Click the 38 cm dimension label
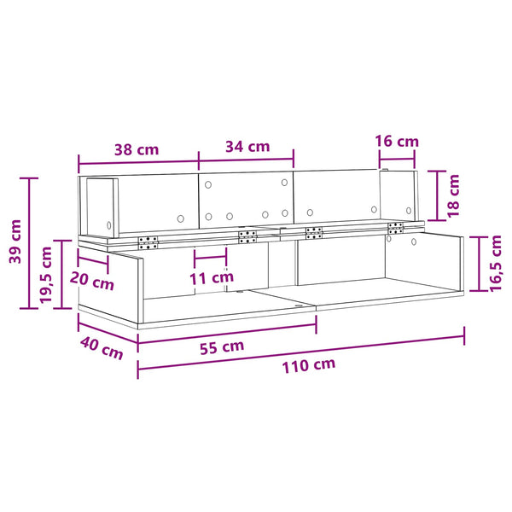pyautogui.click(x=137, y=150)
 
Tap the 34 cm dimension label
pyautogui.click(x=247, y=147)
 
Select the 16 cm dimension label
pyautogui.click(x=397, y=142)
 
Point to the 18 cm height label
pyautogui.click(x=453, y=196)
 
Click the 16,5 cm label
pyautogui.click(x=495, y=263)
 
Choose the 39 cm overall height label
pyautogui.click(x=15, y=241)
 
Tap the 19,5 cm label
pyautogui.click(x=46, y=275)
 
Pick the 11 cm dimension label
pyautogui.click(x=212, y=278)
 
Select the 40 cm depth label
pyautogui.click(x=102, y=348)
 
